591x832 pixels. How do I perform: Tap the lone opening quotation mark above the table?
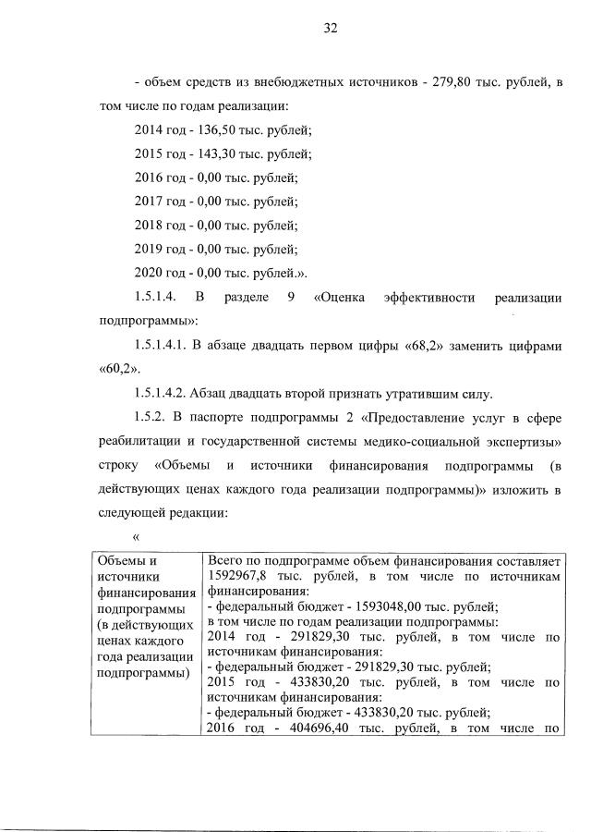click(137, 535)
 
